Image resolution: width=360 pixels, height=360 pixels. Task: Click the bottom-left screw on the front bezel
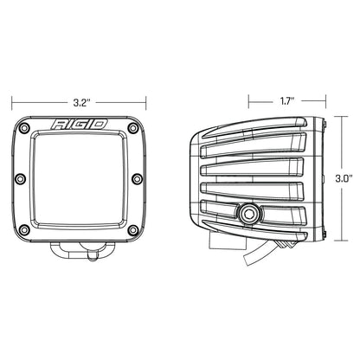coord(28,230)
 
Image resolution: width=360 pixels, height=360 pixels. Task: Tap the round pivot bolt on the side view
coord(252,212)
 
